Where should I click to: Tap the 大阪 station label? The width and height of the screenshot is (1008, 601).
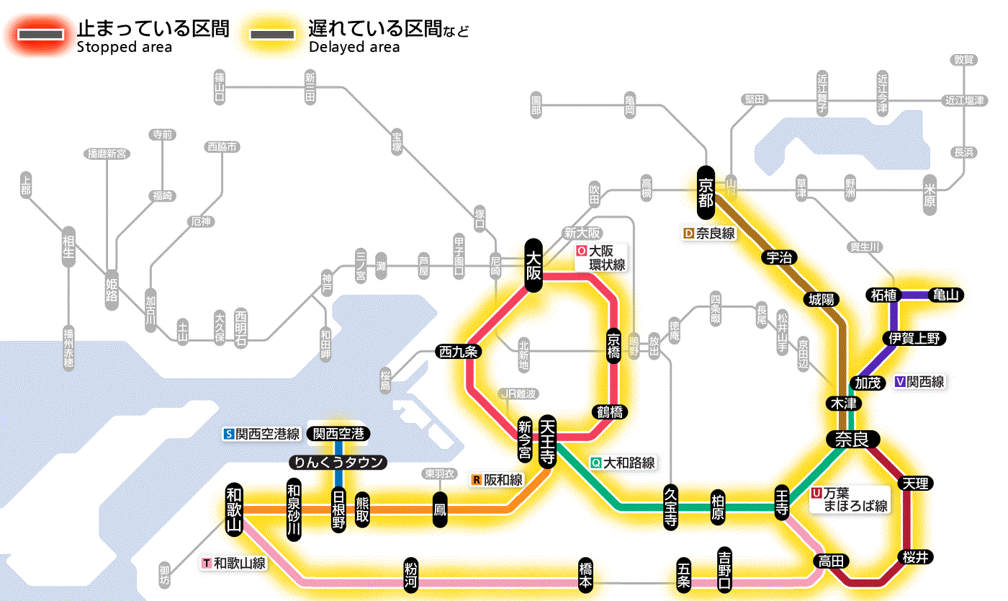tap(533, 266)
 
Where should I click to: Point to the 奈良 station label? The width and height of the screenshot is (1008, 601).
tap(852, 439)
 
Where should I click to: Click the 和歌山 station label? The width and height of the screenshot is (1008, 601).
tap(234, 507)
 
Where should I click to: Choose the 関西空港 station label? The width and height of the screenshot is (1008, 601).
tap(338, 434)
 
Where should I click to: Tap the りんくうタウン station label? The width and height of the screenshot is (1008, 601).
tap(338, 463)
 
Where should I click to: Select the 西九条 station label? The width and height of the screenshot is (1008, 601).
tap(459, 352)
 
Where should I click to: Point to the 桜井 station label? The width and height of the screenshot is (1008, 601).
tap(917, 556)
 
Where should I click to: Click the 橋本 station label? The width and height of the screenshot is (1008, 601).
tap(585, 575)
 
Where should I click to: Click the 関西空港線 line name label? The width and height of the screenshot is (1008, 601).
tap(262, 434)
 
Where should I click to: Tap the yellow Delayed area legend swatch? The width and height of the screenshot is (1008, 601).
tap(271, 35)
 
